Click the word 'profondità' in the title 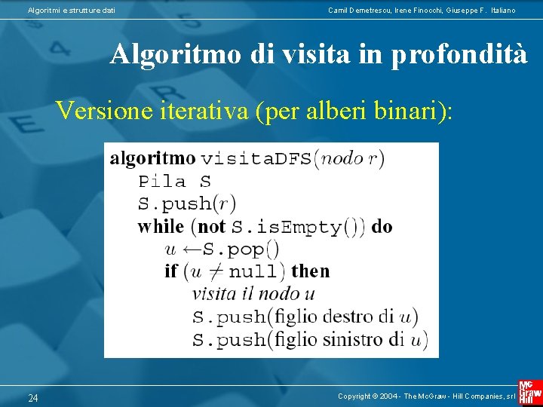click(x=459, y=55)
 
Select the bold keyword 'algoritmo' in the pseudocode click(x=152, y=158)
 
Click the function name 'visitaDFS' click(x=256, y=158)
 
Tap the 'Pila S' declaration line click(x=174, y=181)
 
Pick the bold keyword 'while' click(x=161, y=226)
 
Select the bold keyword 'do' click(x=382, y=226)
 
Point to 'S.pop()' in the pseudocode click(x=242, y=249)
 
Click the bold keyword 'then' click(x=310, y=271)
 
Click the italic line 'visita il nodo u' click(x=253, y=294)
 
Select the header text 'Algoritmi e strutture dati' click(x=72, y=10)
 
